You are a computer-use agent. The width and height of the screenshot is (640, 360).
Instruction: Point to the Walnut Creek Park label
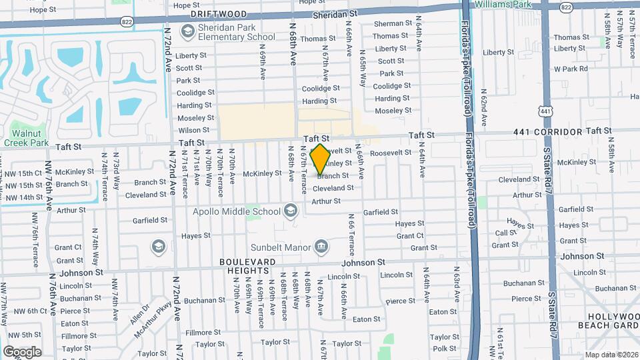(26, 137)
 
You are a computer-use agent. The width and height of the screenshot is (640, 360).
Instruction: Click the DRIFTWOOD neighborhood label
(219, 14)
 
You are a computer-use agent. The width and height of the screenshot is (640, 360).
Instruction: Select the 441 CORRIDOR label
(548, 132)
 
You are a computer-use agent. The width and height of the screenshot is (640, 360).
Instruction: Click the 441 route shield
(547, 111)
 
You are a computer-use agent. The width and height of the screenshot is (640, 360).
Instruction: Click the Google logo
(22, 352)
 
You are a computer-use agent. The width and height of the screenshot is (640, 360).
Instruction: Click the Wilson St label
(194, 131)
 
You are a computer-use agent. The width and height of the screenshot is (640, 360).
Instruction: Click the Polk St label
(444, 349)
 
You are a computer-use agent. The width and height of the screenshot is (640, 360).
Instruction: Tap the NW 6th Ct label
(29, 311)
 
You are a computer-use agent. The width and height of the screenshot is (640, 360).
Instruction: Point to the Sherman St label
(389, 23)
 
